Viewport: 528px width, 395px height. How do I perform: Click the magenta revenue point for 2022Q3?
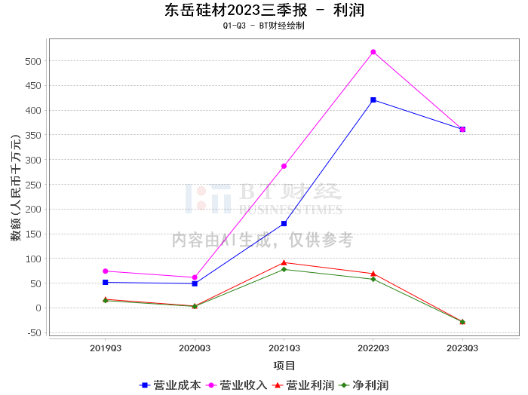tap(373, 52)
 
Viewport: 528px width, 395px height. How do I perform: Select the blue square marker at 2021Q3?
tap(284, 223)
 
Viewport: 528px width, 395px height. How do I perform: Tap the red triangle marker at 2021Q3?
tap(284, 262)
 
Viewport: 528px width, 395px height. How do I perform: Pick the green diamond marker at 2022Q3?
tap(373, 279)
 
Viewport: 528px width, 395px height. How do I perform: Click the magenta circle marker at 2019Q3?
tap(106, 271)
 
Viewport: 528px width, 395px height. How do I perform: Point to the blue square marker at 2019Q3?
tap(106, 282)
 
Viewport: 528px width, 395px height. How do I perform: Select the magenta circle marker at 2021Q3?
tap(284, 166)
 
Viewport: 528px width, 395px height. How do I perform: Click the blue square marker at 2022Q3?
tap(373, 100)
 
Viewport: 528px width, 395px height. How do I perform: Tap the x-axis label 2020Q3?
tap(195, 348)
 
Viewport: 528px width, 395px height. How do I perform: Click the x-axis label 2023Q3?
tap(462, 348)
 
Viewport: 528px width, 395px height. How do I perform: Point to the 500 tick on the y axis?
tap(33, 61)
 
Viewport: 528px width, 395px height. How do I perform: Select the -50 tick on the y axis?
tap(33, 333)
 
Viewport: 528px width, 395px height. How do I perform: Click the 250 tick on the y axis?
tap(33, 185)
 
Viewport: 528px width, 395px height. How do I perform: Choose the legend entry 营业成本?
tap(170, 385)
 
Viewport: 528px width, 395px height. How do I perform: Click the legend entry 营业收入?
tap(236, 385)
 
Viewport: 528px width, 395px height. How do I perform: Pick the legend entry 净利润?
tap(364, 385)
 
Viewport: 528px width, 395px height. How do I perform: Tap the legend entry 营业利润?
tap(303, 385)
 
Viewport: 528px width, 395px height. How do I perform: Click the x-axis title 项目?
tap(284, 366)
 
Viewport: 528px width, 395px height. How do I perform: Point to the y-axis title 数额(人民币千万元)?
tap(16, 187)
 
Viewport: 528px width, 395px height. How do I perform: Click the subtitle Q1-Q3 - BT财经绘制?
tap(264, 26)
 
